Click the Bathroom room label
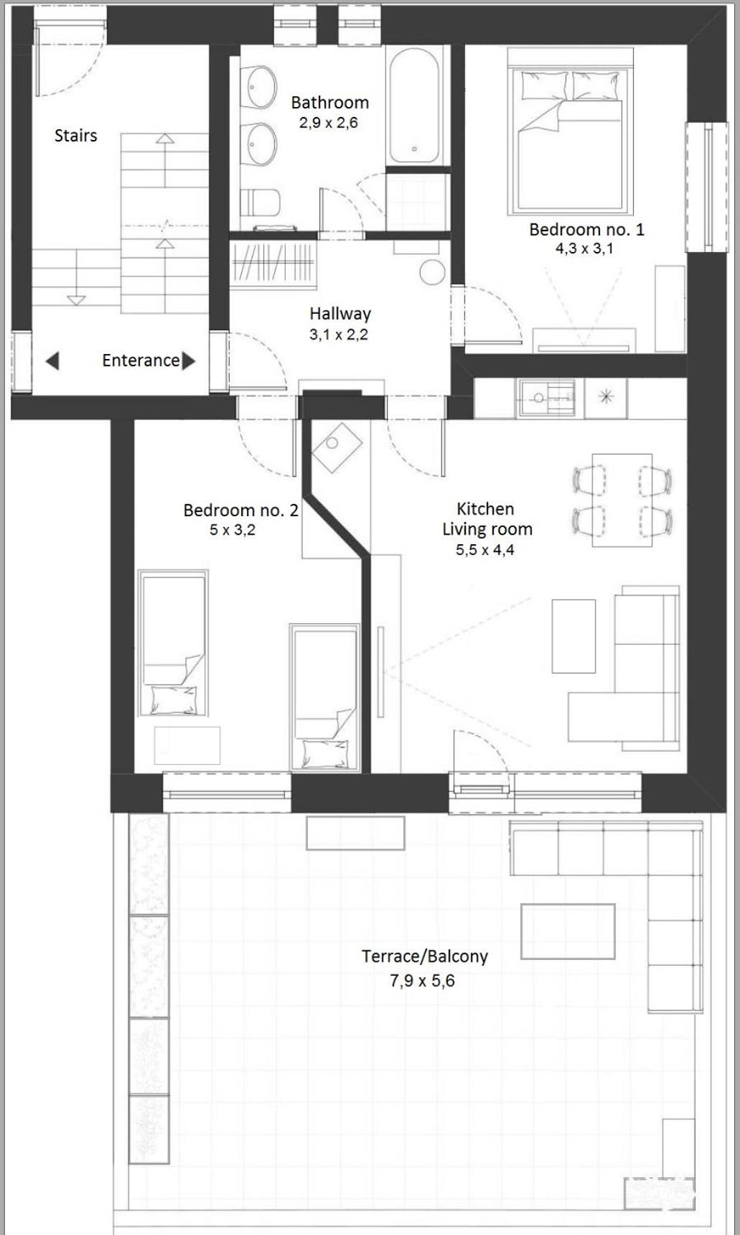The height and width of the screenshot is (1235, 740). pyautogui.click(x=330, y=103)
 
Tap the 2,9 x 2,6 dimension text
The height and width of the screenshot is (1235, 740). pyautogui.click(x=328, y=123)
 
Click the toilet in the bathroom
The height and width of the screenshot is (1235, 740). pyautogui.click(x=260, y=203)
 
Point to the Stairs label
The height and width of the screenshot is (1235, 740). pyautogui.click(x=75, y=136)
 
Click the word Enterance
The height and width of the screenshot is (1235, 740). pyautogui.click(x=141, y=360)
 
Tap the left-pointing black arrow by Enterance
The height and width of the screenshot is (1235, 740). pyautogui.click(x=52, y=360)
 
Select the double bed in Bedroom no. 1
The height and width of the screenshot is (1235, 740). pyautogui.click(x=571, y=131)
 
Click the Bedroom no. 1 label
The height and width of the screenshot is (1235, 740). pyautogui.click(x=586, y=230)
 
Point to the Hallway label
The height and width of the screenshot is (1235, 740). pyautogui.click(x=340, y=314)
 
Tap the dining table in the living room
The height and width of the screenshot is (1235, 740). pyautogui.click(x=622, y=500)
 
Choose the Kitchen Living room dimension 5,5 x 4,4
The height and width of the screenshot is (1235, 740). pyautogui.click(x=485, y=550)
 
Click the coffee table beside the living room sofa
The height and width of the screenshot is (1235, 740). pyautogui.click(x=573, y=636)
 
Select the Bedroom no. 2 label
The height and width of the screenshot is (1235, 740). pyautogui.click(x=240, y=511)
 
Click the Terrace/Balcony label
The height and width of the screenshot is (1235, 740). pyautogui.click(x=425, y=956)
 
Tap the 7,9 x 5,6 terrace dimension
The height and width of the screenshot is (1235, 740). pyautogui.click(x=422, y=981)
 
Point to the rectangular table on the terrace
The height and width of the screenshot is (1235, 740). pyautogui.click(x=568, y=931)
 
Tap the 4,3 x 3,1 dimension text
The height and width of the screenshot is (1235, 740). pyautogui.click(x=584, y=249)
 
